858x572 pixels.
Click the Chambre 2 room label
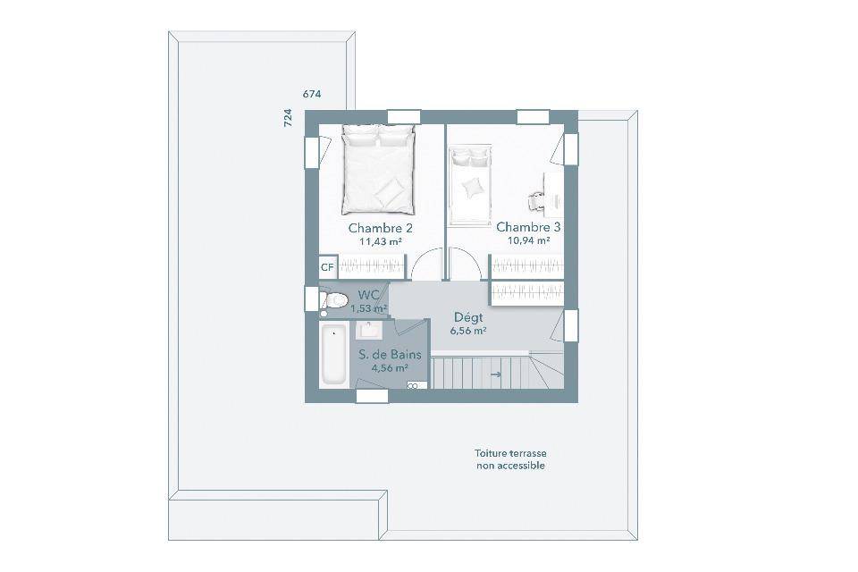(381, 228)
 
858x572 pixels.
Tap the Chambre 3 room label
(528, 227)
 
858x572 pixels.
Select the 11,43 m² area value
(381, 240)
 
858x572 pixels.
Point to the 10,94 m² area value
(528, 240)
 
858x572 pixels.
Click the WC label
(369, 295)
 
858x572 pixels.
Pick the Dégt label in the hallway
(468, 317)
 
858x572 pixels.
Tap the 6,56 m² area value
(468, 331)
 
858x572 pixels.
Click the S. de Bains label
(391, 355)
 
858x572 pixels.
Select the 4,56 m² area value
(391, 368)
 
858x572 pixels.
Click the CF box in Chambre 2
(327, 267)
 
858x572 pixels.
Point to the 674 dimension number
(312, 94)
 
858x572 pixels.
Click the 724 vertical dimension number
(288, 118)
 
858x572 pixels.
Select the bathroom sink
(370, 331)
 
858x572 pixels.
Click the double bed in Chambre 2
(378, 169)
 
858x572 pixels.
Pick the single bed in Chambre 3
(470, 184)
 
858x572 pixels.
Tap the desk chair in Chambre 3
(535, 201)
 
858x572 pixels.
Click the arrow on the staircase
(496, 375)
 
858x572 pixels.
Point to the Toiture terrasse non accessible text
(510, 459)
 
